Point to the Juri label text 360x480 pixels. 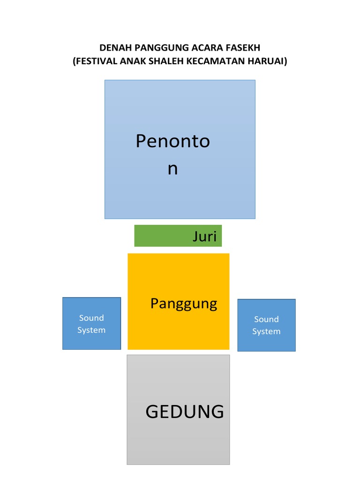point(204,236)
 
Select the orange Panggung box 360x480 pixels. point(178,328)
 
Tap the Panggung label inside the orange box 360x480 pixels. point(184,304)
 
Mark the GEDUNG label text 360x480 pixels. point(185,412)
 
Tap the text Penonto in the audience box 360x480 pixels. point(172,141)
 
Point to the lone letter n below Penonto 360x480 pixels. point(172,168)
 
